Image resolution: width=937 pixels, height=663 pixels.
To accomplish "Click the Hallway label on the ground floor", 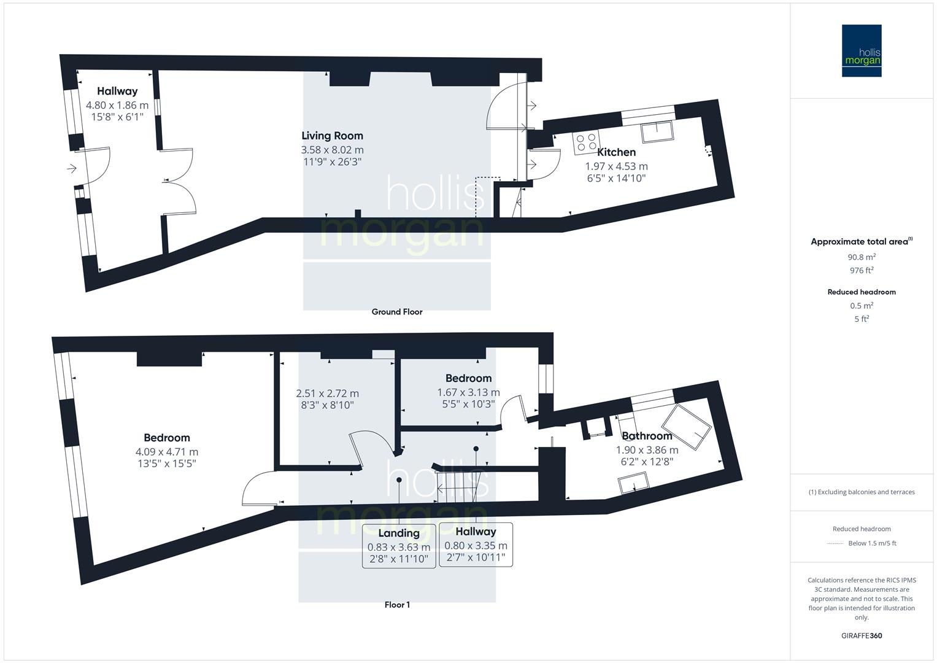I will point(117,91).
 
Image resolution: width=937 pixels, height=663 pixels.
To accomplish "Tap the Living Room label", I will point(332,136).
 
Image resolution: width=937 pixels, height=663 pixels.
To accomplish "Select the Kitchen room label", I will point(616,152).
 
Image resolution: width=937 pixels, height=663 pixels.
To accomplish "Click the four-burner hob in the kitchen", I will point(586,142).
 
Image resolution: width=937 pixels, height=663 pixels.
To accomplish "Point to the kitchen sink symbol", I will point(655,131).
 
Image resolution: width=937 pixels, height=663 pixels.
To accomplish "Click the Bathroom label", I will point(647,436).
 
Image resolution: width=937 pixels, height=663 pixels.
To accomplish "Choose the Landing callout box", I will point(399,546).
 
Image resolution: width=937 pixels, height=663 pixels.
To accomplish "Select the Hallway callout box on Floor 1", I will point(476,545).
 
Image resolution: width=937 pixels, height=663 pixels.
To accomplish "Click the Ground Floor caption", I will point(397,312).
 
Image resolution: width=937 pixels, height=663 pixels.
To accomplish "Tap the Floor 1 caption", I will point(397,605).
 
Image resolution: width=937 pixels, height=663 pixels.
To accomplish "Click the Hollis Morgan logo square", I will point(862,51).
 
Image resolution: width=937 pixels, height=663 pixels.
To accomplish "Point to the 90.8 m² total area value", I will point(862,257).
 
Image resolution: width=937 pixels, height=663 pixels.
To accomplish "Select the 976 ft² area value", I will point(862,270).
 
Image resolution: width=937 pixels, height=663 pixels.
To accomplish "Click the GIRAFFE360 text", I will point(862,635).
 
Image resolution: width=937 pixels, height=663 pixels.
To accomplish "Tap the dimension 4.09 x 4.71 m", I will point(167,452).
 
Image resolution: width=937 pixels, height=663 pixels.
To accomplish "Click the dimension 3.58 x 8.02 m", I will point(332,150).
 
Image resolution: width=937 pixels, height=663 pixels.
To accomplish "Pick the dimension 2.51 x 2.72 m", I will point(328,394).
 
